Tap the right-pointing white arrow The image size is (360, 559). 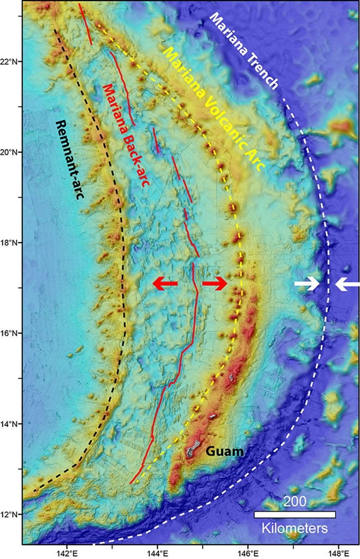307,284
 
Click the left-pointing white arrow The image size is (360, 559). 347,284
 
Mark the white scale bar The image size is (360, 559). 295,514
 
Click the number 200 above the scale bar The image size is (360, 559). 295,502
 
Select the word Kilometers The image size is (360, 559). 295,527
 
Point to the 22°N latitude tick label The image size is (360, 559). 10,62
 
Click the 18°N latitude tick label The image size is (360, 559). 10,243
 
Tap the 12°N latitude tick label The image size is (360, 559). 10,514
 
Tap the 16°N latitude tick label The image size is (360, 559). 10,334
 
